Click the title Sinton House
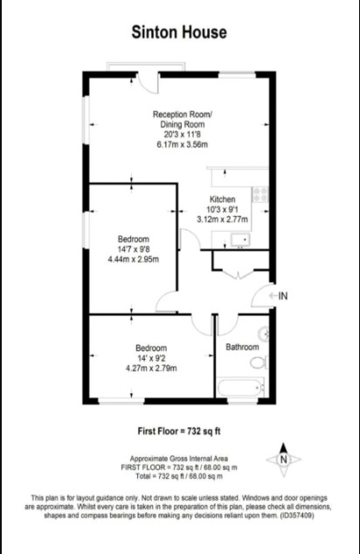point(179,32)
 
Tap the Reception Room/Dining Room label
point(183,120)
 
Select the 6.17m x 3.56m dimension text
point(183,144)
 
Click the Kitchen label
point(223,199)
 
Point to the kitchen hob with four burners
point(260,194)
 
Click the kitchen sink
point(240,240)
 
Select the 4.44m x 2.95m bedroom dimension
point(133,260)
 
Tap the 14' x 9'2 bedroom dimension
point(151,358)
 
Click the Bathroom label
point(242,347)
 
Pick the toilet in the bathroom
point(260,363)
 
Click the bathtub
point(240,388)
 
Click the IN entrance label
point(283,295)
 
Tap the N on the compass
point(283,460)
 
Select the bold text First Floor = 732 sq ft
point(179,431)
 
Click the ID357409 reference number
point(297,516)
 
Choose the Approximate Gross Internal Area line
point(179,459)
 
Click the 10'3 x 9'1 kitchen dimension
point(223,209)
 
